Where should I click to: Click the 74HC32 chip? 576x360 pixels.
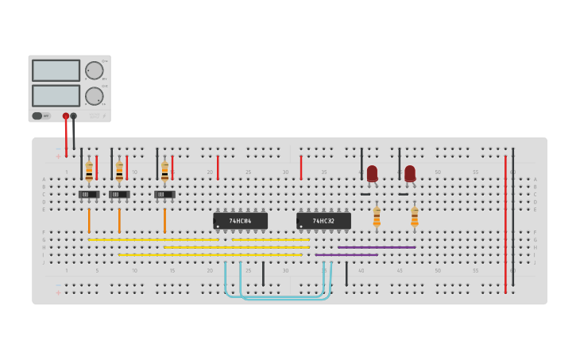tap(323, 221)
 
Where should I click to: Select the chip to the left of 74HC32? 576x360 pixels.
tap(240, 221)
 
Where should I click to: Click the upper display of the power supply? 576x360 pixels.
tap(56, 71)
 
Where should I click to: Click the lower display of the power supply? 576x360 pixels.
tap(56, 95)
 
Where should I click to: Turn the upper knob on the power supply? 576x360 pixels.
tap(95, 70)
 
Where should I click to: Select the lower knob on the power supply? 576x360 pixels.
tap(95, 95)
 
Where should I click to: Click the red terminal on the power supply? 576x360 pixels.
tap(66, 116)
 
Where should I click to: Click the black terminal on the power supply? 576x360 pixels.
tap(74, 116)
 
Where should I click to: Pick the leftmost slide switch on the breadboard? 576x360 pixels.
tap(89, 194)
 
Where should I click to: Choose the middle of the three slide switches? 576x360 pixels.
tap(119, 194)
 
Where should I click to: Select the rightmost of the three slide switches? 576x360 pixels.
tap(164, 194)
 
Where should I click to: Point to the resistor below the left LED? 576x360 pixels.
tap(377, 215)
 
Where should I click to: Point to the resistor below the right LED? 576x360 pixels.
tap(414, 215)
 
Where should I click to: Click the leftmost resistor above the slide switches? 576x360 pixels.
tap(89, 170)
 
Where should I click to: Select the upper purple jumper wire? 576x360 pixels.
tap(376, 247)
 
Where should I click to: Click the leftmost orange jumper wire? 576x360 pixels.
tap(89, 220)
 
